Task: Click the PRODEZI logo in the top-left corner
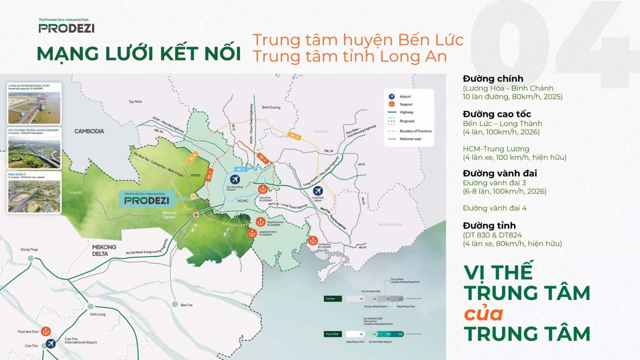[66, 28]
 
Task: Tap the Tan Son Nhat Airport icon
[235, 180]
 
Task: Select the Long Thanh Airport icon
[318, 191]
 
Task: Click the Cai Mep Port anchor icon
[313, 240]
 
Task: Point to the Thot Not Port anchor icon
[46, 331]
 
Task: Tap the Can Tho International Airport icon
[51, 344]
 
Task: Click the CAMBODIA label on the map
[89, 131]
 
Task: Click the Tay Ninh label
[135, 102]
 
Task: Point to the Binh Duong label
[271, 107]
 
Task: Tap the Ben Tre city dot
[175, 305]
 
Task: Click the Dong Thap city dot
[30, 258]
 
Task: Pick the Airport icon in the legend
[392, 97]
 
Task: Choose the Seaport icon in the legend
[392, 104]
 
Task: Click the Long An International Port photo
[34, 107]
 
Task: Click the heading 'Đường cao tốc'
[497, 114]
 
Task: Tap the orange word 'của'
[484, 314]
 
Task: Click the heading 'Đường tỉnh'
[489, 226]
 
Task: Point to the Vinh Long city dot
[91, 306]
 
